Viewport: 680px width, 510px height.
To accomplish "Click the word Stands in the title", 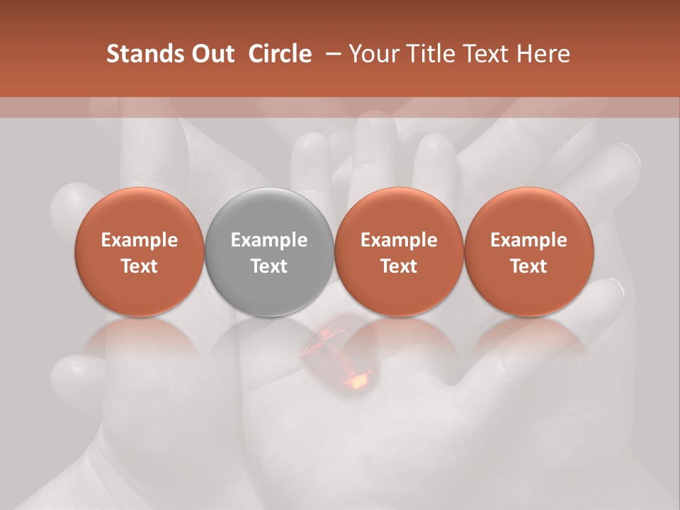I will click(x=144, y=54).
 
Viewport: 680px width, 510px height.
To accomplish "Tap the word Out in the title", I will click(x=211, y=54).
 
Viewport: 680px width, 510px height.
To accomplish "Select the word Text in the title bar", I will click(x=484, y=54).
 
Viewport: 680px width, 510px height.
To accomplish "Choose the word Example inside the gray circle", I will click(x=269, y=240).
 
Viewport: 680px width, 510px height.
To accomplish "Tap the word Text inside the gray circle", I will click(x=269, y=266).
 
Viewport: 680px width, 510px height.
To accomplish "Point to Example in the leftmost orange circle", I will click(x=140, y=240).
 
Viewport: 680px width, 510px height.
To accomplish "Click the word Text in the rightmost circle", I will click(x=528, y=266).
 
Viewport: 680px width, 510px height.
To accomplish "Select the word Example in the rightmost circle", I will click(x=528, y=240).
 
